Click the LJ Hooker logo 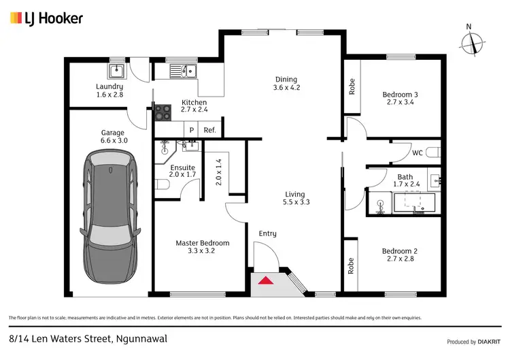[x=46, y=18]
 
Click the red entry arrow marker [x=267, y=280]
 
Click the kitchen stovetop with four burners [x=163, y=112]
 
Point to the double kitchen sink [x=183, y=70]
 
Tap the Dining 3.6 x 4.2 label [x=286, y=83]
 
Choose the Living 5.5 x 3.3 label [x=295, y=197]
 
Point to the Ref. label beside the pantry [x=210, y=130]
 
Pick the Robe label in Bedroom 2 [x=352, y=265]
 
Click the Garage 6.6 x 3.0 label [x=112, y=137]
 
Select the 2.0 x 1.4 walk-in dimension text [x=219, y=172]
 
